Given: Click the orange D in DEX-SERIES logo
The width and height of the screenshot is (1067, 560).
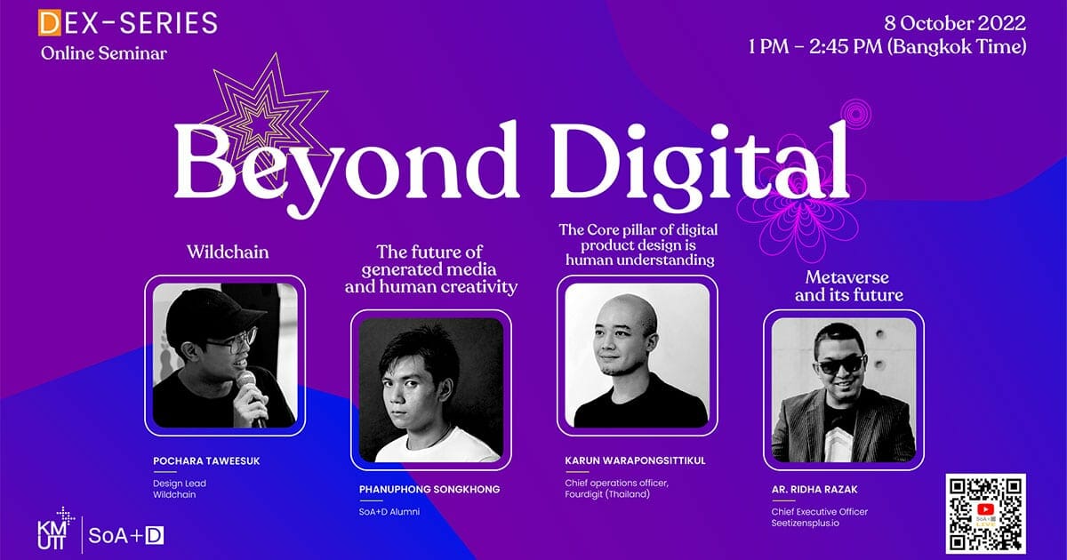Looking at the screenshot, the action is coord(50,23).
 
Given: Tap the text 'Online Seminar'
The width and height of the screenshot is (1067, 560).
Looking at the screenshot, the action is coord(104,52).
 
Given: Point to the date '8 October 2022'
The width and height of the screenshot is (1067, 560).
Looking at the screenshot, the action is coord(955,23).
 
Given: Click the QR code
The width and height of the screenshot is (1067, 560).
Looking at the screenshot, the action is coord(985,514).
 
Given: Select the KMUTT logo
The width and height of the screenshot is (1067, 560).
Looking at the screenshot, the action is coord(55,530).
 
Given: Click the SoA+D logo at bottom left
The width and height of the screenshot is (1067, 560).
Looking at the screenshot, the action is coord(126,536).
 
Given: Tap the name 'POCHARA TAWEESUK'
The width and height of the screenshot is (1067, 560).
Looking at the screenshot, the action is coord(206,461).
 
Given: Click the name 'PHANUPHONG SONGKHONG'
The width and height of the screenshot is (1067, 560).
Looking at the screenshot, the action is coord(429,489).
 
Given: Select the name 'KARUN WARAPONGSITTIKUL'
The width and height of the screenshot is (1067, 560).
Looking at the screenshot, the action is coord(636,460).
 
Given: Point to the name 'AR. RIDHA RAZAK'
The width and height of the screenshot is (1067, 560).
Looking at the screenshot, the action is coord(814,489).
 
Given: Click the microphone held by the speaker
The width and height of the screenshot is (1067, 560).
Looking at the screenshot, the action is coord(252,396).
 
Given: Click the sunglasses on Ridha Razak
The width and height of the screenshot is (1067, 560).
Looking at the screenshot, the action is coord(841,364).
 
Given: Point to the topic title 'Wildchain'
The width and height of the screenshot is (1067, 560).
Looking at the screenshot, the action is coord(228,252).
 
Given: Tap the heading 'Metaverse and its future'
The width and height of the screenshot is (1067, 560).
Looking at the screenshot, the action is coord(849,285).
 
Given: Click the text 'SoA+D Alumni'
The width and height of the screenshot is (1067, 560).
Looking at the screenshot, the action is coord(389,512).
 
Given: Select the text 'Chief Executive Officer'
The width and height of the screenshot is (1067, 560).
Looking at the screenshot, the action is coord(820,511).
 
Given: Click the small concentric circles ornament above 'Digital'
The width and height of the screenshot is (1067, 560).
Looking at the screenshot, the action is coord(856,115).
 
